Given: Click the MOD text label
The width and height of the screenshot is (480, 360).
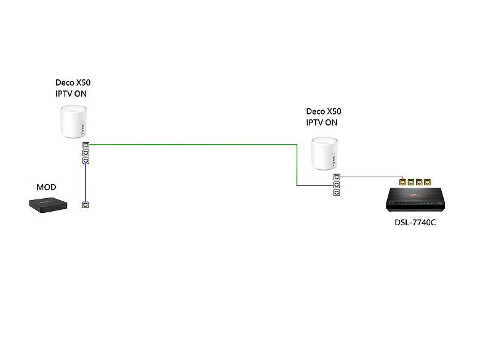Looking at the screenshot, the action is pyautogui.click(x=46, y=187).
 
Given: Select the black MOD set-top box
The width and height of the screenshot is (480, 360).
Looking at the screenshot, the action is pyautogui.click(x=48, y=205).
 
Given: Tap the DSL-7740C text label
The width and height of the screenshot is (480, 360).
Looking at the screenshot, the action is pyautogui.click(x=415, y=223).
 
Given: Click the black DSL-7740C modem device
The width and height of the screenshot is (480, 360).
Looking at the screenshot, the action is pyautogui.click(x=415, y=199).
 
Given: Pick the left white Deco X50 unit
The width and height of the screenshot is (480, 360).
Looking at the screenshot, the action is pyautogui.click(x=73, y=121).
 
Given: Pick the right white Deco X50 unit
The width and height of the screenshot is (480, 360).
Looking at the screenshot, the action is pyautogui.click(x=324, y=153).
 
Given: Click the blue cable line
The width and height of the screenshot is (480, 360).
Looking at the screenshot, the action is pyautogui.click(x=86, y=183).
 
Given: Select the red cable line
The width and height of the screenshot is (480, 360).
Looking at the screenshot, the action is pyautogui.click(x=371, y=177).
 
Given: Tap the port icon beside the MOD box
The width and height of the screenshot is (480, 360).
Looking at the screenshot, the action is pyautogui.click(x=86, y=205).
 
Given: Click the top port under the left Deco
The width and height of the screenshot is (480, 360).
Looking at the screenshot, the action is pyautogui.click(x=86, y=145).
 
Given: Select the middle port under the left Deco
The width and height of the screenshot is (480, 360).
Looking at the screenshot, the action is pyautogui.click(x=86, y=153).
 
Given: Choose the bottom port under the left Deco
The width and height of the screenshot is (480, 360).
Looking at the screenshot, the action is pyautogui.click(x=86, y=161).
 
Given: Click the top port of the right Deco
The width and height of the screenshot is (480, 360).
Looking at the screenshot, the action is pyautogui.click(x=337, y=177).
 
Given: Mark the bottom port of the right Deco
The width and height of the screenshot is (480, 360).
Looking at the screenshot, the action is pyautogui.click(x=337, y=193).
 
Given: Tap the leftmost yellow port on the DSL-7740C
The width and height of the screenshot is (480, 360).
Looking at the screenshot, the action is pyautogui.click(x=403, y=182).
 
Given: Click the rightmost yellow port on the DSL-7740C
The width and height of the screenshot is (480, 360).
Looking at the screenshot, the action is pyautogui.click(x=427, y=182).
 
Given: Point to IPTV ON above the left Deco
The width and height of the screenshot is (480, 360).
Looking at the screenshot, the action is pyautogui.click(x=71, y=94).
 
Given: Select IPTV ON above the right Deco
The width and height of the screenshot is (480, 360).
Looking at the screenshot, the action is pyautogui.click(x=322, y=122).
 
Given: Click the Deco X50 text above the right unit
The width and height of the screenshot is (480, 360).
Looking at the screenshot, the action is pyautogui.click(x=324, y=111).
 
